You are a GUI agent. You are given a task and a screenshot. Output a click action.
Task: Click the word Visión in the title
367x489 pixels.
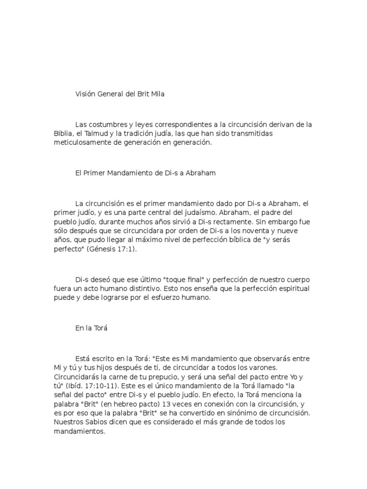pyautogui.click(x=85, y=94)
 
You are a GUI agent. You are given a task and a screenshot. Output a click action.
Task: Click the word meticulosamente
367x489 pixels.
pyautogui.click(x=81, y=143)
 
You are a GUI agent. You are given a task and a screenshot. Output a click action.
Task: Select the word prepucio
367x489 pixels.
pyautogui.click(x=155, y=376)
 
